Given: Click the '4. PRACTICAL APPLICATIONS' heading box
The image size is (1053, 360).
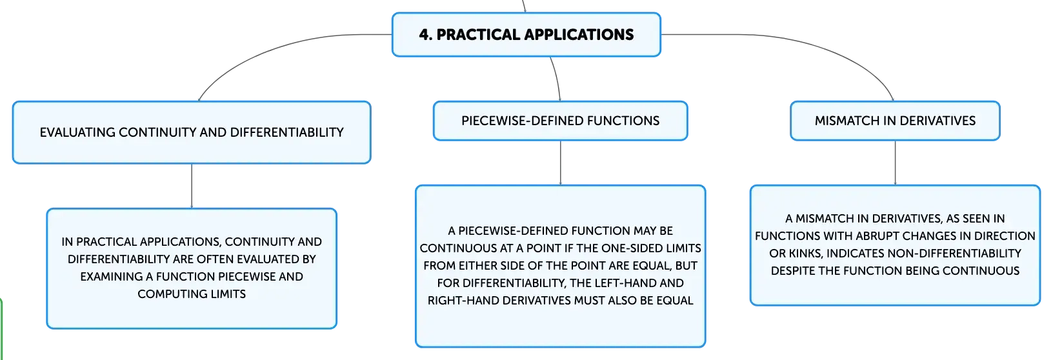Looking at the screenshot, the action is click(526, 35).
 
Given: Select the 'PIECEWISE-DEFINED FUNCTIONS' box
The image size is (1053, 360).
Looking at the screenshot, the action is click(560, 121).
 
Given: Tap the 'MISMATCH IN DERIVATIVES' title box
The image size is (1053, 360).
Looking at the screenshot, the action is click(895, 121).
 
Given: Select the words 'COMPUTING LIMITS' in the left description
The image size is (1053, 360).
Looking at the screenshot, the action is click(192, 294).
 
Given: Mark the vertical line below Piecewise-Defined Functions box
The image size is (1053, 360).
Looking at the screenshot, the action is click(560, 163).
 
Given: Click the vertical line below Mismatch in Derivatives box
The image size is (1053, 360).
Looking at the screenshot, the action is click(895, 163).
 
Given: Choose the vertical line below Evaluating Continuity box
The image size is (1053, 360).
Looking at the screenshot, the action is click(192, 186).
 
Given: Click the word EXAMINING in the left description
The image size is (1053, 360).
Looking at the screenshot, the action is click(112, 277).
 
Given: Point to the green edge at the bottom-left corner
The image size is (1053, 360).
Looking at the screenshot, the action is click(1, 329).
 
